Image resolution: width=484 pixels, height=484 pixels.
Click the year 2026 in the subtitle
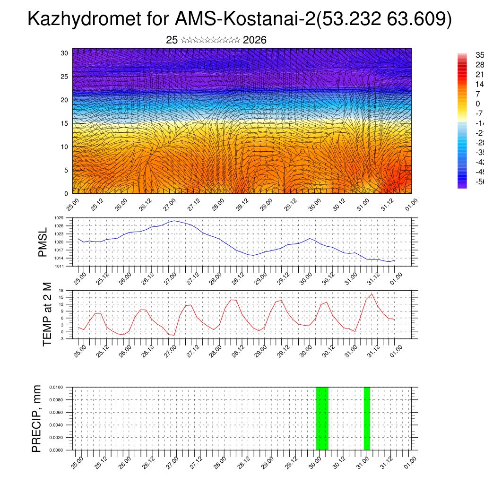tap(255, 40)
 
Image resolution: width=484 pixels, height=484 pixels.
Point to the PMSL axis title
tap(43, 242)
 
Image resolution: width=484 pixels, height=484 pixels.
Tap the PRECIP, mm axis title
tap(37, 418)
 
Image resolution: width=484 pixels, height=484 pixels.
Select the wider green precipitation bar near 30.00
tap(322, 418)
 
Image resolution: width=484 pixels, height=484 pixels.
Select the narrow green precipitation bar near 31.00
tap(367, 418)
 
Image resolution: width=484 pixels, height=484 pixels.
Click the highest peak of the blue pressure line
tap(174, 221)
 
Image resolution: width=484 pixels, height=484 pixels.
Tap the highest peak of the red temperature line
tap(372, 294)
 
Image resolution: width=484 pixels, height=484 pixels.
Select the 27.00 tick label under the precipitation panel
tap(173, 460)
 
